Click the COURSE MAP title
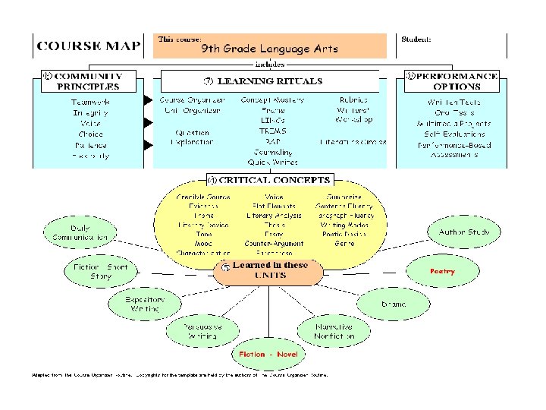coord(89,45)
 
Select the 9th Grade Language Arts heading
coord(269,49)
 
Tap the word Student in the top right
coord(417,38)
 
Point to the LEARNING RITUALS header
coord(269,80)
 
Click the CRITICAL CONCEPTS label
coord(269,180)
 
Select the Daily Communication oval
coord(79,232)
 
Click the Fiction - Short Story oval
coord(101,272)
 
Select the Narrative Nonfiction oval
coord(334,331)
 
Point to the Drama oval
coord(393,304)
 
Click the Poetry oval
coord(442,270)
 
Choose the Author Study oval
coord(463,232)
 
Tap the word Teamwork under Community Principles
coord(89,102)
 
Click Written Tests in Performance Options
coord(453,102)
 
